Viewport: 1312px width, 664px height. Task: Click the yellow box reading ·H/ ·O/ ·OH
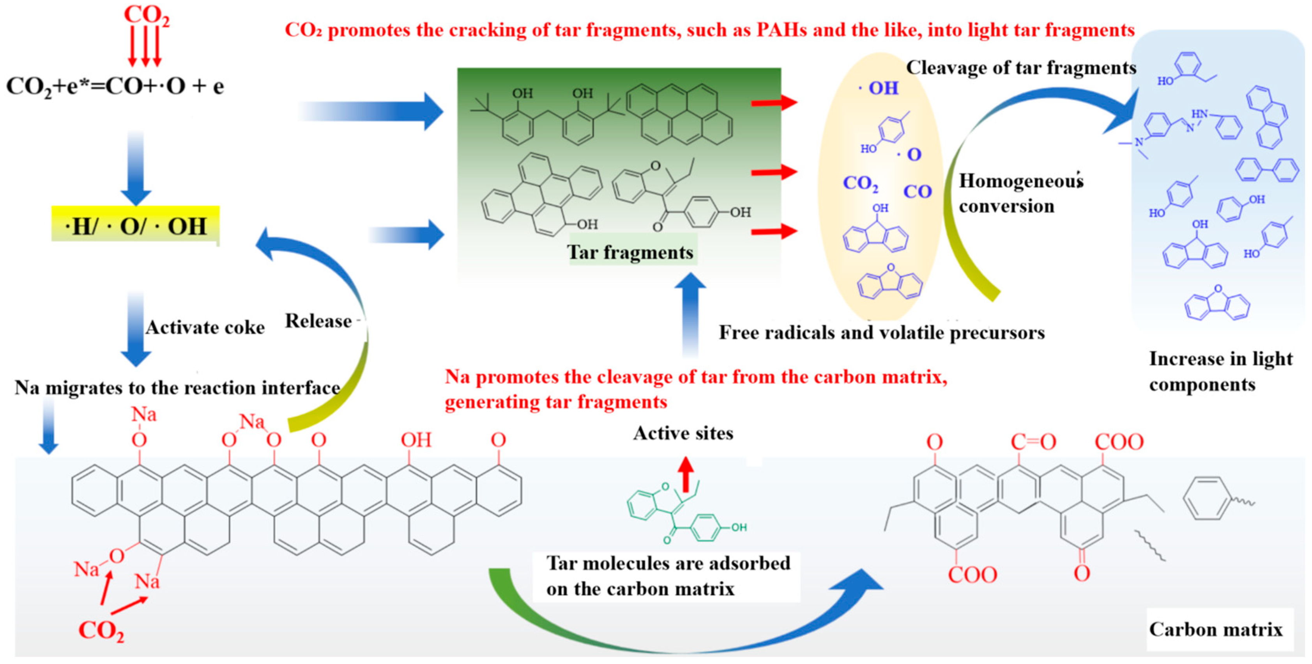(x=136, y=224)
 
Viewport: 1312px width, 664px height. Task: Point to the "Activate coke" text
(x=205, y=327)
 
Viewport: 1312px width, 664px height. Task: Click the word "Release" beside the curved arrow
(x=318, y=321)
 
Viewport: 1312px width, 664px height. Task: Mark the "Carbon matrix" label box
(x=1216, y=629)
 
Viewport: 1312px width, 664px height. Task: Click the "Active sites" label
(x=683, y=433)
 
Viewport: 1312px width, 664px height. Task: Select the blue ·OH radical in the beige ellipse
(x=879, y=88)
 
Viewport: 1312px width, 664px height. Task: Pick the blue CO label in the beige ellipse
(x=917, y=192)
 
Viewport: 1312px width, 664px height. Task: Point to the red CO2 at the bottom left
(x=101, y=630)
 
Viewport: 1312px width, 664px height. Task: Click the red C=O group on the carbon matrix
(x=1033, y=442)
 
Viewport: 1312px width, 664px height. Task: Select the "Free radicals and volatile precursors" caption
(x=882, y=333)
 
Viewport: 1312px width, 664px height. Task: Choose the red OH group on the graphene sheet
(x=416, y=440)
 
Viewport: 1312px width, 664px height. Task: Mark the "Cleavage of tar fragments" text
(x=1021, y=68)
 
